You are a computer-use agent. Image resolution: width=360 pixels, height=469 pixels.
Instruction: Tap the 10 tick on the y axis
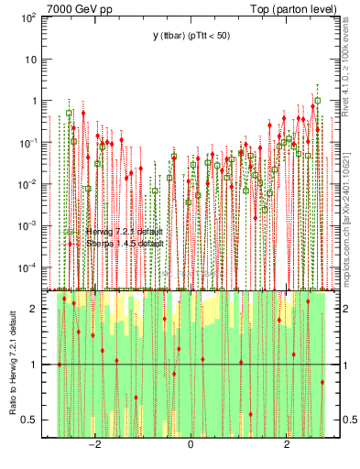30,59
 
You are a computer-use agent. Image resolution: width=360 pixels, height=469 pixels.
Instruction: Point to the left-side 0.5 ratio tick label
28,420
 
